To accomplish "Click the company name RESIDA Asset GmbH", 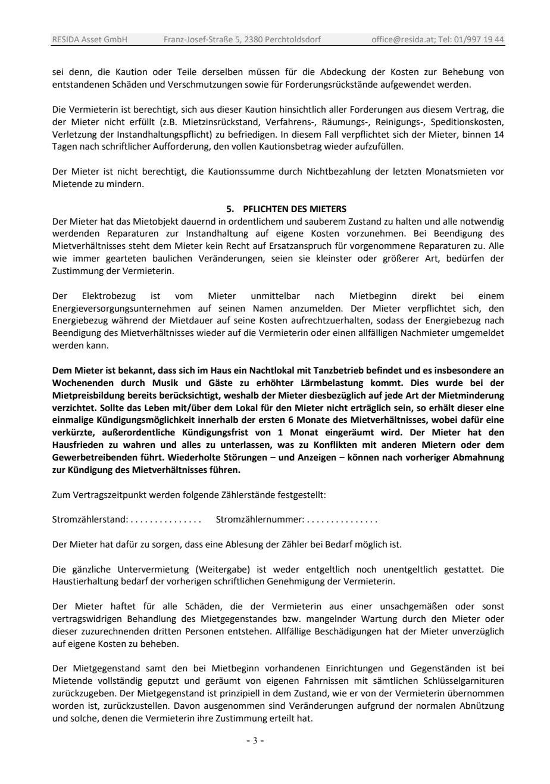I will point(90,40).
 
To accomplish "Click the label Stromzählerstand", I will point(89,520).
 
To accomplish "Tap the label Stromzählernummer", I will point(260,520).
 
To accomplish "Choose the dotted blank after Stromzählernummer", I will point(343,520).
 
